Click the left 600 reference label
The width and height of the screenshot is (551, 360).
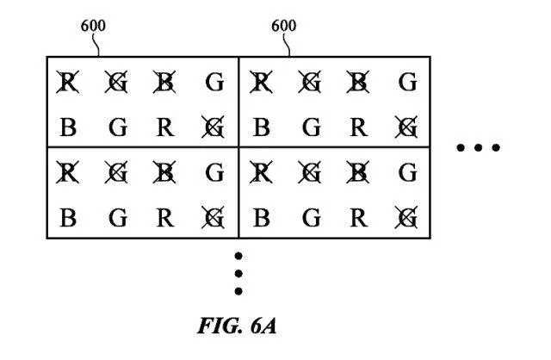point(93,25)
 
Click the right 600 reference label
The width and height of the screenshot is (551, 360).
point(284,25)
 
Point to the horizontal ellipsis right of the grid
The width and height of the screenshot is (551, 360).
point(478,148)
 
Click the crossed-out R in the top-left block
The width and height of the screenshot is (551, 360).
point(67,84)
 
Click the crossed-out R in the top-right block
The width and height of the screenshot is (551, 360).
point(262,84)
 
